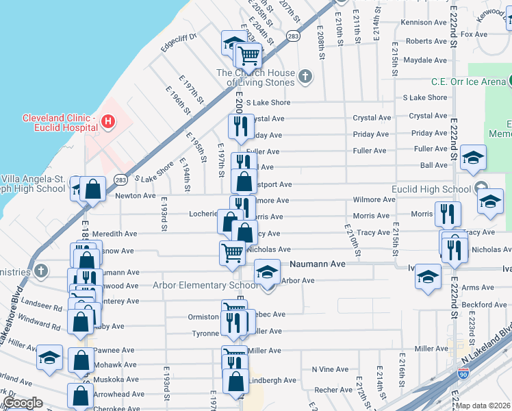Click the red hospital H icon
coord(107,122)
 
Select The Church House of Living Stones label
coord(256,77)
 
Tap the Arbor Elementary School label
coord(205,285)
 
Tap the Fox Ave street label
coord(474,34)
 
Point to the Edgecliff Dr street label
coord(178,42)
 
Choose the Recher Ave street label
coord(333,390)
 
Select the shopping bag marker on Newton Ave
coord(92,189)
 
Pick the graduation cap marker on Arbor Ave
coord(267,272)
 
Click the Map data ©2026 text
coord(483,406)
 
